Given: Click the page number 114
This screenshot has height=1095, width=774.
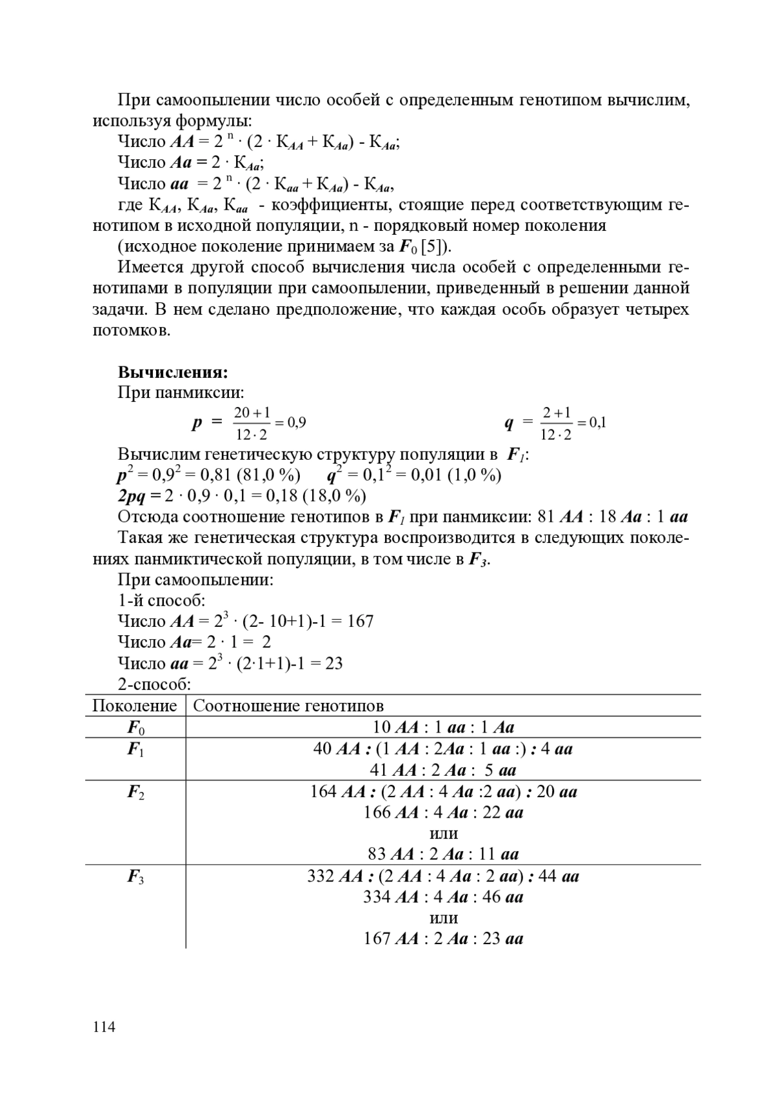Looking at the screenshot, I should [x=104, y=1027].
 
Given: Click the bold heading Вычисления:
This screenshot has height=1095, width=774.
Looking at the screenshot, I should [x=172, y=373].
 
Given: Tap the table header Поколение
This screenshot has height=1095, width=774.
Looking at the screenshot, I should [x=134, y=705].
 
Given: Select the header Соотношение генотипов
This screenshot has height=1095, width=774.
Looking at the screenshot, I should [x=288, y=705].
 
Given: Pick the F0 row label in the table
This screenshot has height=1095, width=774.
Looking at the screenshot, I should [x=135, y=728].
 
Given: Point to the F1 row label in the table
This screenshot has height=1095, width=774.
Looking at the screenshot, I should [x=135, y=749].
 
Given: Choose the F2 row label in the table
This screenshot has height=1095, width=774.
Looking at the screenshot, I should [x=135, y=792].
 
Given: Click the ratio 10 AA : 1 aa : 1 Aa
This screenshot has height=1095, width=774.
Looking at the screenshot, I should [x=443, y=727].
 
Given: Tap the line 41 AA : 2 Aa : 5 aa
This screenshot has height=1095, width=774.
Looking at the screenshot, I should [x=443, y=770].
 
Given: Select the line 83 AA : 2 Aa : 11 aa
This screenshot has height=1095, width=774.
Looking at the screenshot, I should [x=443, y=854].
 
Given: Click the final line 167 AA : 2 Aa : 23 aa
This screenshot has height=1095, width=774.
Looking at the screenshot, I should [x=443, y=939].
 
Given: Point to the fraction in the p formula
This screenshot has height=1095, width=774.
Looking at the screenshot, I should [x=252, y=423].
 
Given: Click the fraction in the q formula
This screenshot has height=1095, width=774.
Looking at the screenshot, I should [x=556, y=423].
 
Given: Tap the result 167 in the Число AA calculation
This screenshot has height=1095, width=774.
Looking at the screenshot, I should [x=360, y=622].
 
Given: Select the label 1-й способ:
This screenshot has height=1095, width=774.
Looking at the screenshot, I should [x=161, y=600].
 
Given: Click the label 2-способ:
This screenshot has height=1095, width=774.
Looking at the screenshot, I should [x=154, y=684].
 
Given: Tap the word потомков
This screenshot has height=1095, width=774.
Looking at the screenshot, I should [x=132, y=331].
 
